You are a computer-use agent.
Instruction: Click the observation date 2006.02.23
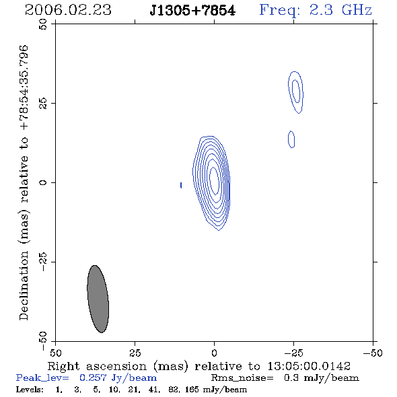tap(68, 10)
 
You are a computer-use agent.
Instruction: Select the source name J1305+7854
tap(192, 11)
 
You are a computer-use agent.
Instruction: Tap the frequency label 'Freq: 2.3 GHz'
tap(316, 10)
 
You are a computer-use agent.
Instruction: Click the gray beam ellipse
tap(98, 299)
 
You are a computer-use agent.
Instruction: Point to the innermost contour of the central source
tap(214, 179)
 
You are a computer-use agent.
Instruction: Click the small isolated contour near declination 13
tap(291, 139)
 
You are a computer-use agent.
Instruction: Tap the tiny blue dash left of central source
tap(181, 185)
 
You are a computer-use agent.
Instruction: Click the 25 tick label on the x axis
tap(135, 353)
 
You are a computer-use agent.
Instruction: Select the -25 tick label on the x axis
tap(293, 353)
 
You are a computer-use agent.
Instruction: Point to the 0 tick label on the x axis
tap(214, 353)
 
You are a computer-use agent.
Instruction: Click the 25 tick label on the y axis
tap(43, 104)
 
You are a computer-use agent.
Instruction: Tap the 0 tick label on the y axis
tap(43, 182)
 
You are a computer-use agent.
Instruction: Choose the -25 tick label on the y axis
tap(43, 262)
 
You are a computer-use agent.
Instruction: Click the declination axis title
tap(24, 182)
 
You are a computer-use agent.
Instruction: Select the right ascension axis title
tap(199, 366)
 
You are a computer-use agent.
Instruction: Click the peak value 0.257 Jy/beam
tap(118, 378)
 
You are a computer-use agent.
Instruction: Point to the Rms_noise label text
tap(242, 378)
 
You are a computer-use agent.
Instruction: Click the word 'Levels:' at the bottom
tap(30, 389)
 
